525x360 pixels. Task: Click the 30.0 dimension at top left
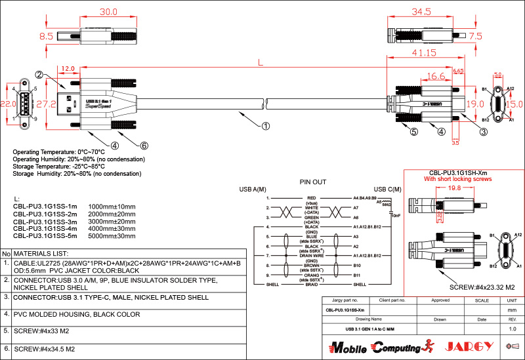coord(108,12)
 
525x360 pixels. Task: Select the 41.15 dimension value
coord(425,52)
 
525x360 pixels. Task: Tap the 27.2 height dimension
coord(45,104)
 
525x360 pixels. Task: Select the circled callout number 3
coord(484,132)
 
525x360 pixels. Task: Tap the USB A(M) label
coord(252,190)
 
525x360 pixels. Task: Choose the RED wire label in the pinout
coord(311,197)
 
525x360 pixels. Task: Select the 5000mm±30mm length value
coord(112,235)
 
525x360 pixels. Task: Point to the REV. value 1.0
coord(513,329)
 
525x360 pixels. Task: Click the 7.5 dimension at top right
coord(475,36)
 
